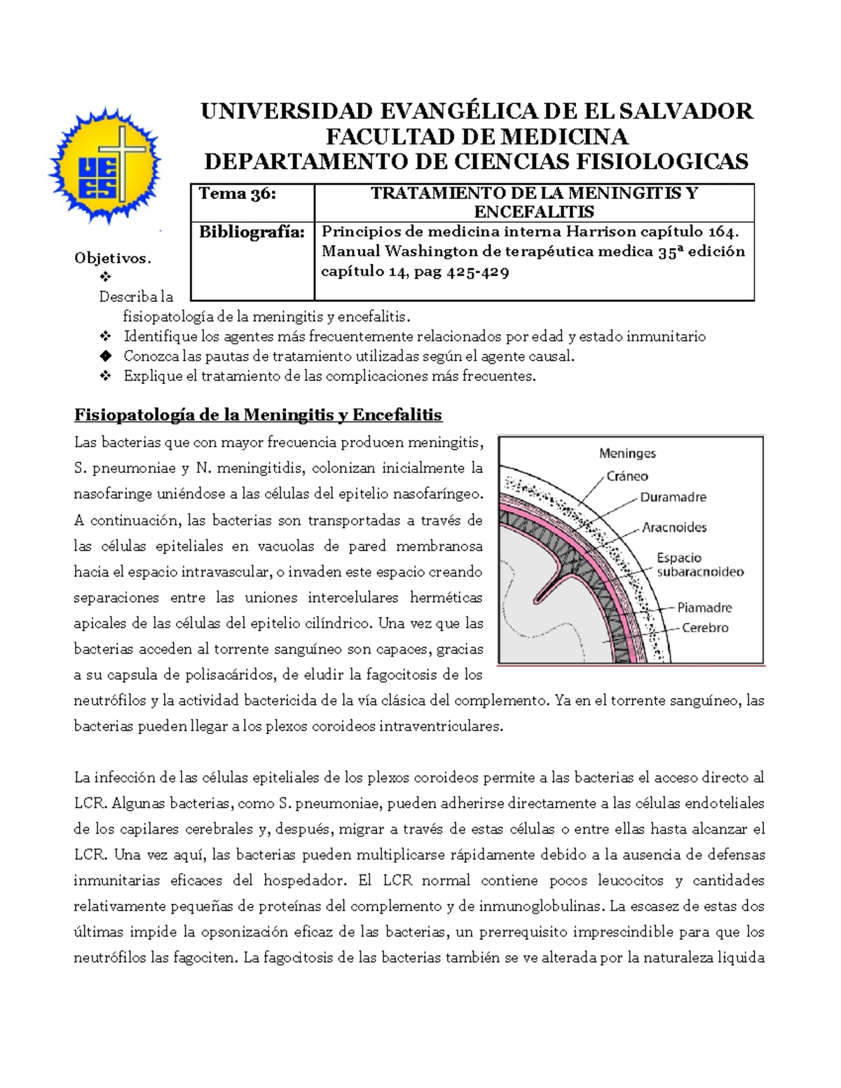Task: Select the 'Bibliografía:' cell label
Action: (x=252, y=233)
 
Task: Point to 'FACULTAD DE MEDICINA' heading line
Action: (x=477, y=137)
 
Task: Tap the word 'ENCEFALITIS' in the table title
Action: (x=534, y=212)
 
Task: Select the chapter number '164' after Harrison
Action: (x=720, y=232)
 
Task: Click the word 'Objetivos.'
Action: (x=113, y=259)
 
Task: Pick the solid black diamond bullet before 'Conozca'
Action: (x=106, y=356)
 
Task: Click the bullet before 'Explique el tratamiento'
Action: (x=106, y=376)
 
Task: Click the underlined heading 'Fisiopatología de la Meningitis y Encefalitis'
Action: (x=258, y=415)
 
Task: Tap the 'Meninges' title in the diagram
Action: (x=627, y=453)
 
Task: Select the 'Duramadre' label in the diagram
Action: (x=673, y=497)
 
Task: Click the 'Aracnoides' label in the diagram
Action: (x=674, y=528)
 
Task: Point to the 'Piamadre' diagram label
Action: (x=704, y=607)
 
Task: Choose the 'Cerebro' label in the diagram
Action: (x=705, y=628)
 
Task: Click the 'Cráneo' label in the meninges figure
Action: (x=627, y=476)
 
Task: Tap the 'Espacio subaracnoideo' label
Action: (x=699, y=565)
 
